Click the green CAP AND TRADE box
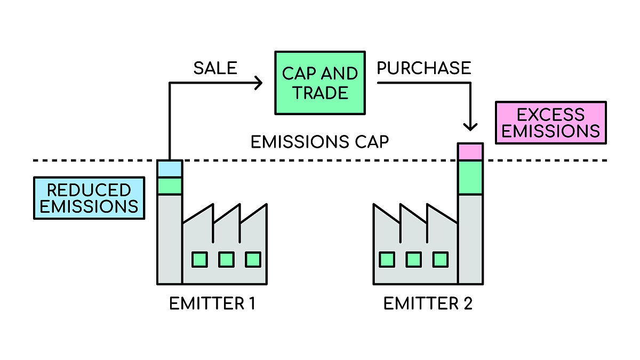pyautogui.click(x=319, y=83)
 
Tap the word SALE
pyautogui.click(x=215, y=68)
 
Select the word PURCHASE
pyautogui.click(x=423, y=68)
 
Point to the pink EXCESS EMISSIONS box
pyautogui.click(x=551, y=123)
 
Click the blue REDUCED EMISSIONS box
pyautogui.click(x=89, y=198)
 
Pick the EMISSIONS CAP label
pyautogui.click(x=320, y=142)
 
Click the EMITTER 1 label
pyautogui.click(x=212, y=304)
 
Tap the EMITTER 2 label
pyautogui.click(x=428, y=304)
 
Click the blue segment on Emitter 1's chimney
pyautogui.click(x=170, y=169)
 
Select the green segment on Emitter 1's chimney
pyautogui.click(x=170, y=186)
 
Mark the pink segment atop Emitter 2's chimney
pyautogui.click(x=470, y=152)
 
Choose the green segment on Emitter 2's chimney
pyautogui.click(x=470, y=177)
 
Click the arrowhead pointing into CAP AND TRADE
pyautogui.click(x=259, y=83)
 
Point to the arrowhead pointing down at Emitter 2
pyautogui.click(x=470, y=126)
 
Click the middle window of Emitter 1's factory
pyautogui.click(x=226, y=260)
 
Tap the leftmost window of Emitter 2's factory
pyautogui.click(x=387, y=260)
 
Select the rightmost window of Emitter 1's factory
pyautogui.click(x=253, y=260)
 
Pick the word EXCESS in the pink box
pyautogui.click(x=551, y=114)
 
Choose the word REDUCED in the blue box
pyautogui.click(x=89, y=190)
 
